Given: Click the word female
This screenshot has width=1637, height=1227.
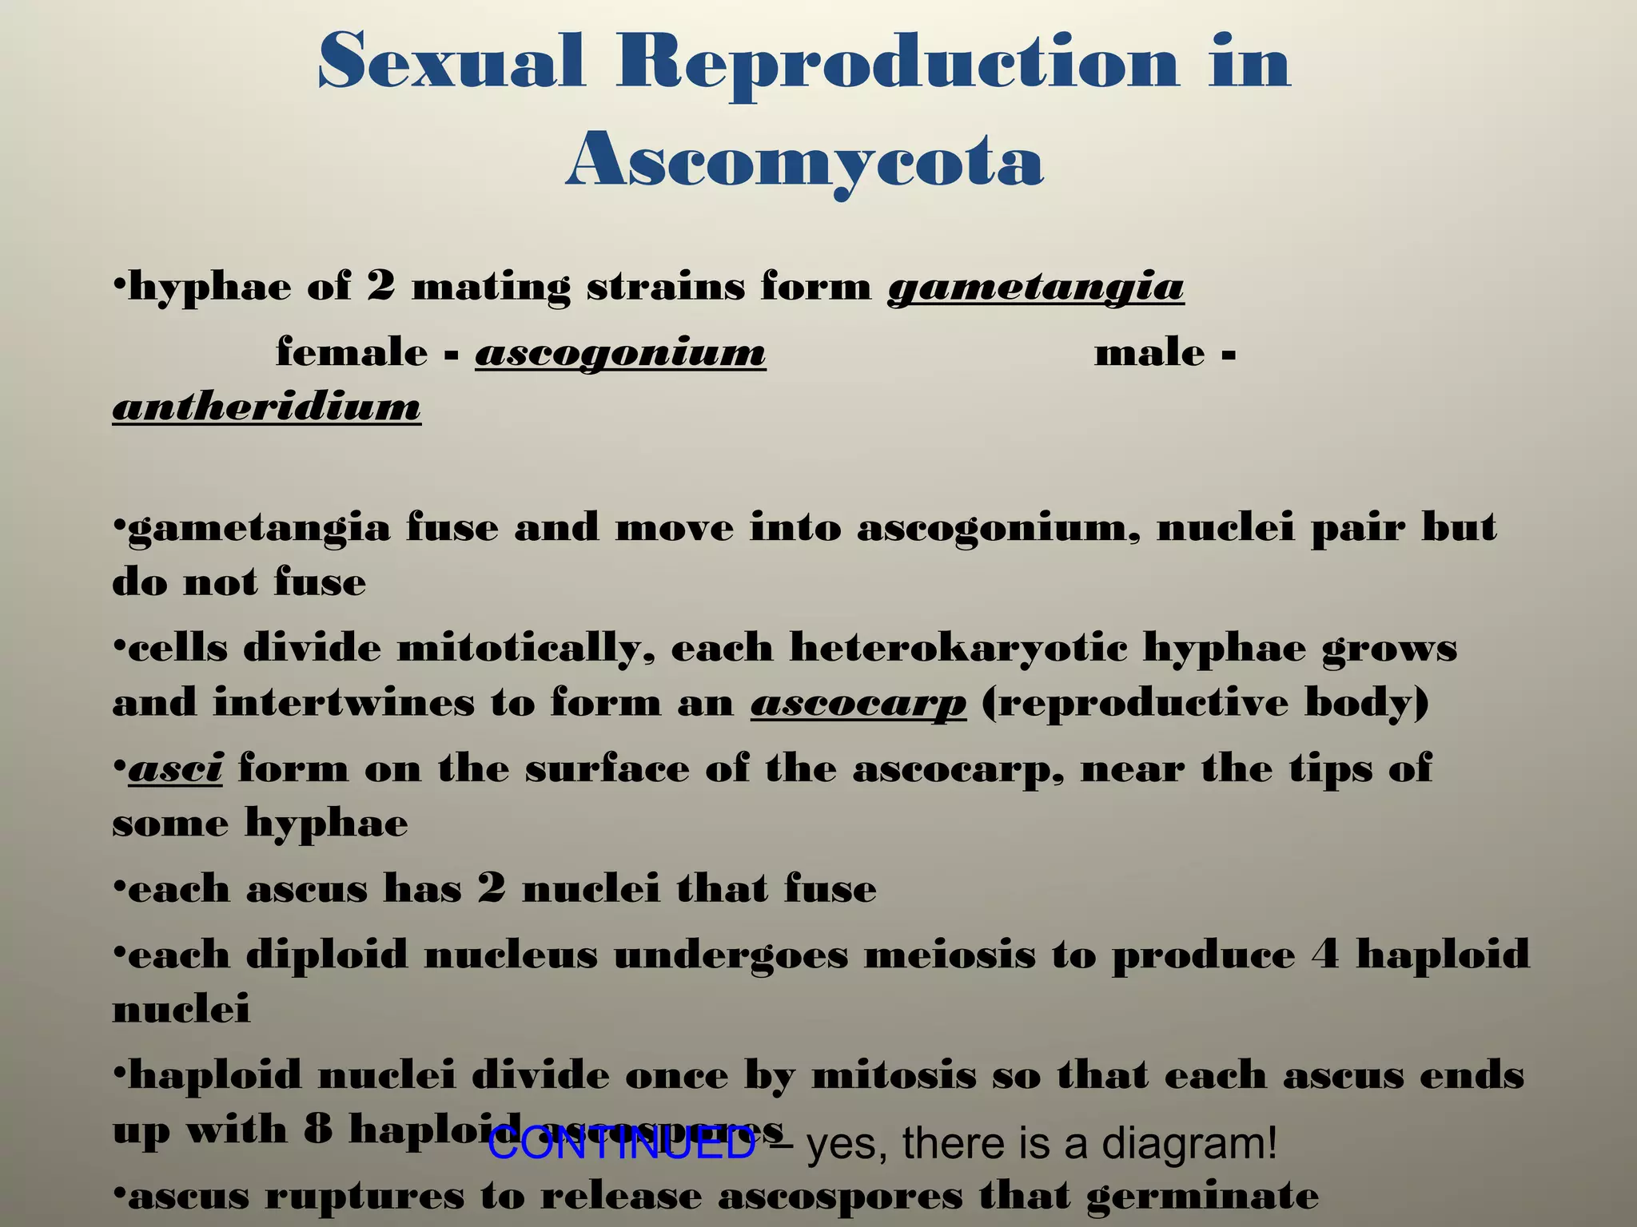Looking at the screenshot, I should [x=352, y=352].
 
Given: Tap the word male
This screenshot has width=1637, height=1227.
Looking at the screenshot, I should [x=1149, y=352].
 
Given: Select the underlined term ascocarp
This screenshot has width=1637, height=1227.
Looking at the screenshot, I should [x=858, y=704].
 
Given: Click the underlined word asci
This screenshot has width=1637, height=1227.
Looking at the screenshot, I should [x=175, y=768].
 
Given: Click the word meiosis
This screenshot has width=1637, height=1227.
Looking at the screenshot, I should [x=950, y=955].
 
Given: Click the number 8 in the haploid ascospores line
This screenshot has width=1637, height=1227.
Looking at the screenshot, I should [x=317, y=1129].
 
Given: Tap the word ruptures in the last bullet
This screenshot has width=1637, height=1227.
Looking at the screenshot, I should [x=364, y=1197].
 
